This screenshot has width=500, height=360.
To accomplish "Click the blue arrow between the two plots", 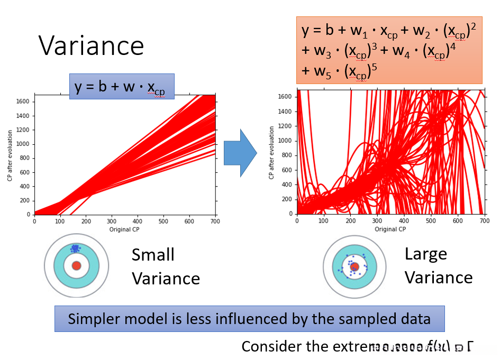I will pos(240,152).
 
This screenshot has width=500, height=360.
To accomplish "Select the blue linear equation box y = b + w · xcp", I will pos(122,87).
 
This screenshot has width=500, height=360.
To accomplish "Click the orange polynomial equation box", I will pos(389,50).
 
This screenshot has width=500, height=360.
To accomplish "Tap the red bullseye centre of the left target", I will pos(76,265).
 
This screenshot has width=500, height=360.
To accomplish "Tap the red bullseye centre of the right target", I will pos(354,267).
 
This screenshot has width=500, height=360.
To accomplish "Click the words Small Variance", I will pos(166,266).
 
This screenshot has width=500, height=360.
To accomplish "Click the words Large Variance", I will pos(438,265).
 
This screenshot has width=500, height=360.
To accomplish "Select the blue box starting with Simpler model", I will pos(249,319).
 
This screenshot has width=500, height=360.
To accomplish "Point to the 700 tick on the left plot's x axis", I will pos(215,221).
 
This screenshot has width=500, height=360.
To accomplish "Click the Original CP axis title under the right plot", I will pos(390,229).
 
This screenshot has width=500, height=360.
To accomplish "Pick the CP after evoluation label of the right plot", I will pos(271,152).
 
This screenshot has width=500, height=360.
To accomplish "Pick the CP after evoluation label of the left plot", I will pos(10,154).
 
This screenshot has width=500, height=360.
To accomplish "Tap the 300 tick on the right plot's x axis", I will pos(377,220).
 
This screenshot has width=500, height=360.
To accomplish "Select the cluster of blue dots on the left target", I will pos(75,247).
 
